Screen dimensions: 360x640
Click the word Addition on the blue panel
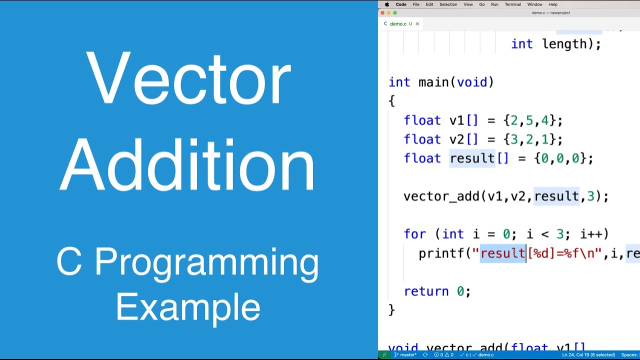point(188,165)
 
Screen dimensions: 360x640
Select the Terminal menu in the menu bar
point(512,4)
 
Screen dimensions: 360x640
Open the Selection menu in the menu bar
point(448,4)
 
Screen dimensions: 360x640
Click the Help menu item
point(553,4)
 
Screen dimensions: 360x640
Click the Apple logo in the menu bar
point(387,4)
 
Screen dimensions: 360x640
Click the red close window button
point(382,13)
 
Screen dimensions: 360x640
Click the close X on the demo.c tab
point(417,23)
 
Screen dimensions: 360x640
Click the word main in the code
point(434,82)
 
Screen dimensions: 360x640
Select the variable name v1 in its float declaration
point(457,120)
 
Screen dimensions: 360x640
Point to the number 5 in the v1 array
point(529,120)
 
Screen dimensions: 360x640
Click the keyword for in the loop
point(415,234)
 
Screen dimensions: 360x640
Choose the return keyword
point(426,291)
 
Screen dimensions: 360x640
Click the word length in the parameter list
point(564,44)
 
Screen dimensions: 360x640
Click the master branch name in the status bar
point(408,354)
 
